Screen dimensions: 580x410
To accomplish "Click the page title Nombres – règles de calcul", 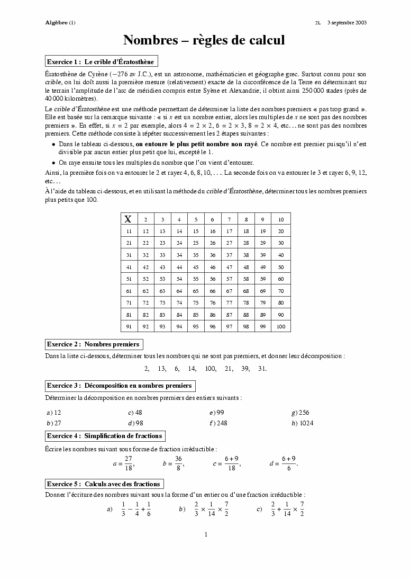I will (204, 40).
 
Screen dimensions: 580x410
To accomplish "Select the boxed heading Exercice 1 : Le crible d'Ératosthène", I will (101, 62).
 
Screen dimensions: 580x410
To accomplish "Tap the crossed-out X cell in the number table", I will (128, 219).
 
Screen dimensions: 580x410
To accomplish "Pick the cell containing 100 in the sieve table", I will (280, 326).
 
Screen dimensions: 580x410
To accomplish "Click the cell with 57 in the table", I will (229, 279).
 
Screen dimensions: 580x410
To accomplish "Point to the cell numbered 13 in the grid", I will (162, 231).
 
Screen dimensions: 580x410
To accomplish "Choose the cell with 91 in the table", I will (129, 326).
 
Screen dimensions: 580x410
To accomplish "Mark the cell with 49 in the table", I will (263, 267).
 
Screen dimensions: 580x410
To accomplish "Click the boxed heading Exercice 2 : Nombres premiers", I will (93, 344).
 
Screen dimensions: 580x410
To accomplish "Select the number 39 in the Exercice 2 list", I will (245, 369).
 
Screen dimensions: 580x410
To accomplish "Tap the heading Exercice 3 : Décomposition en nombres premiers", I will (119, 385).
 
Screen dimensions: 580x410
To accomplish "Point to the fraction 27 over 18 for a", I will (128, 463).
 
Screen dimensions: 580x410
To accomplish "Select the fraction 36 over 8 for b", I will (178, 463).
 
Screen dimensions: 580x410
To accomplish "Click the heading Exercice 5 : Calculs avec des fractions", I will (104, 484).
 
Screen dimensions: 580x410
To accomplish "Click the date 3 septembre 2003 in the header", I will (347, 23).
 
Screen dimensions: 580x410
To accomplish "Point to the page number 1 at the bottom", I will (206, 534).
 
